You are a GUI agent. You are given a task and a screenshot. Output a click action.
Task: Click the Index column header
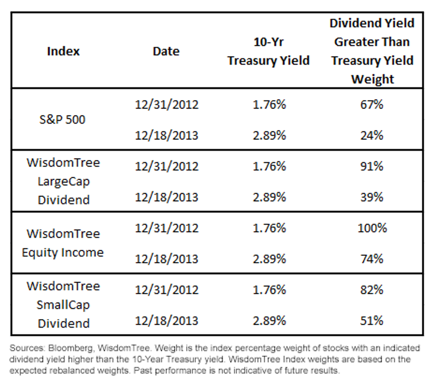coord(63,51)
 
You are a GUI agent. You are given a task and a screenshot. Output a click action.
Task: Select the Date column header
coord(166,51)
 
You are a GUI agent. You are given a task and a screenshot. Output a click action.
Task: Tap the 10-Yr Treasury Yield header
coord(268,51)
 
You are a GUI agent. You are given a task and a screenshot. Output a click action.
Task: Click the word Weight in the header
coord(372,79)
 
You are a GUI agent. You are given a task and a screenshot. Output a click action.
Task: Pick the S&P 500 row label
coord(62,119)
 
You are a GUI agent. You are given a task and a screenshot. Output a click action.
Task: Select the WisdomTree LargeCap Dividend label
coord(63,181)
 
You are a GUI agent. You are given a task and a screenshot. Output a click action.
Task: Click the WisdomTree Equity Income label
coord(63,243)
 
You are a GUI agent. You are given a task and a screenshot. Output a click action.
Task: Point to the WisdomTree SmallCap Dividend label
coord(63,305)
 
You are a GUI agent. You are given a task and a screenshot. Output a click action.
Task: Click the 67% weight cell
coord(372,105)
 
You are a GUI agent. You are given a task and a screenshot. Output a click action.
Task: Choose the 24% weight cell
coord(372,135)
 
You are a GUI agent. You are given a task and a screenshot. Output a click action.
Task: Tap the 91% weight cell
coord(372,166)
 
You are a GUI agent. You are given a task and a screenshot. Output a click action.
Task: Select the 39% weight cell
coord(372,197)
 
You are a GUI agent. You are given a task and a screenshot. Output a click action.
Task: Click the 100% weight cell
coord(372,228)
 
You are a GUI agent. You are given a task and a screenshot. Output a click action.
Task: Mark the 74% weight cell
coord(372,259)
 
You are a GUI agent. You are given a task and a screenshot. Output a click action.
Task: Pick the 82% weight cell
coord(372,289)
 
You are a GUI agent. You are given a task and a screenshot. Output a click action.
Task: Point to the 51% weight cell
coord(372,321)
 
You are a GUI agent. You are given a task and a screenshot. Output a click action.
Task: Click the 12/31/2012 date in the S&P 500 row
coord(167,105)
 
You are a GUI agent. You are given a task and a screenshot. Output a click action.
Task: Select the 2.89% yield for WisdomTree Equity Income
coord(270,259)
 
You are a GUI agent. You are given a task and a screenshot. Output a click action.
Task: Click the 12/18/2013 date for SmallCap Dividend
coord(167,321)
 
